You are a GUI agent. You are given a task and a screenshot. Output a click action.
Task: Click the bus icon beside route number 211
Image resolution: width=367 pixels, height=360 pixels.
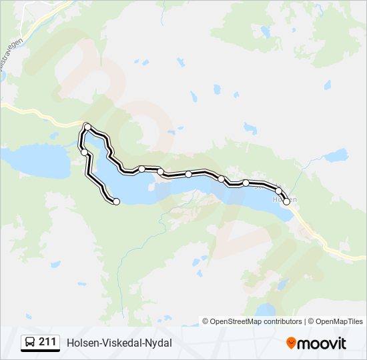30,343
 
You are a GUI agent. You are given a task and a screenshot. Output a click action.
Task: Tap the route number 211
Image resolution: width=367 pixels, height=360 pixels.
47,342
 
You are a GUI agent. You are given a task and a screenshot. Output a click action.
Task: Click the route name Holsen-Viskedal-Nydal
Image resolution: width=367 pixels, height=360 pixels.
119,343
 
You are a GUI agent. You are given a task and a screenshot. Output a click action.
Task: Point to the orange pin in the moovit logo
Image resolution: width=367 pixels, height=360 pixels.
291,343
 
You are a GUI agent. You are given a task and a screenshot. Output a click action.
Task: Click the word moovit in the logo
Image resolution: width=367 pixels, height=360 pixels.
322,343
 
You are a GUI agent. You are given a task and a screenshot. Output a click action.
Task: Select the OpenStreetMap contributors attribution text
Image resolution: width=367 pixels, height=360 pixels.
256,321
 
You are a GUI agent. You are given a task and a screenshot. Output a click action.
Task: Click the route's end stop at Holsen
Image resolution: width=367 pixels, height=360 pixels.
287,201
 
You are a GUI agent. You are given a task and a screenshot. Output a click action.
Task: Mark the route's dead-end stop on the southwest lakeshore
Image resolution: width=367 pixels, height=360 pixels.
116,201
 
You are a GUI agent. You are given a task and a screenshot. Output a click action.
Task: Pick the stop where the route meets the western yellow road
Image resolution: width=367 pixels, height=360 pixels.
87,126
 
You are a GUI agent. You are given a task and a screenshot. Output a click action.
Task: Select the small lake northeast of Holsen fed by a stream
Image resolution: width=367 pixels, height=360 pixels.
335,155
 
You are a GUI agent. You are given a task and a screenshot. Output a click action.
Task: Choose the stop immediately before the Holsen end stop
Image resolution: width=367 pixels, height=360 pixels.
278,191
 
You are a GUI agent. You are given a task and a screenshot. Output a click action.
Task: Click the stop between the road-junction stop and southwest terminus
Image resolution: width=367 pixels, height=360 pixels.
84,152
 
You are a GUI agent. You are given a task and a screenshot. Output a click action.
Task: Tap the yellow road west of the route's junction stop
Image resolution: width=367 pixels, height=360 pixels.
40,113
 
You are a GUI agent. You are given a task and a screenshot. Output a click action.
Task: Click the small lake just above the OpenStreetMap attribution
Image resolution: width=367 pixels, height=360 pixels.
266,309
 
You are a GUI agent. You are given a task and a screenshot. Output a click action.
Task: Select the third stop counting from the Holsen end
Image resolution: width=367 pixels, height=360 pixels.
246,183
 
